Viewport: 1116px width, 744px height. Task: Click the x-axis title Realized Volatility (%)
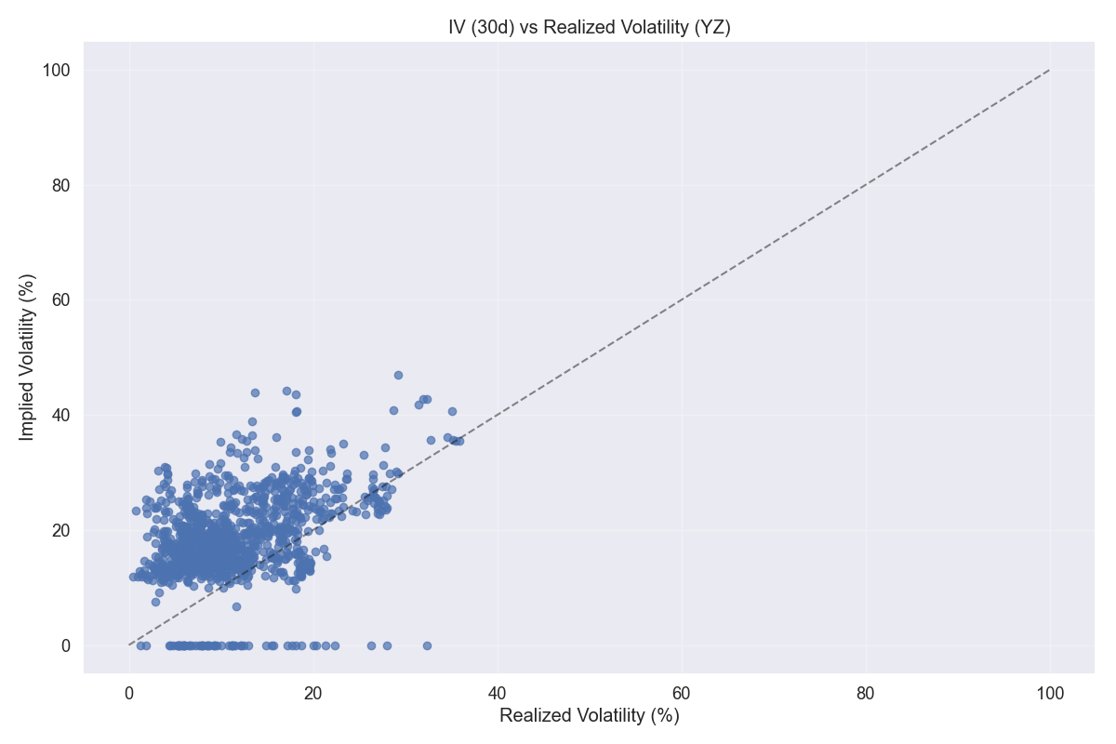tap(590, 716)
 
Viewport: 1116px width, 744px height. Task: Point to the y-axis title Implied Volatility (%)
tap(27, 356)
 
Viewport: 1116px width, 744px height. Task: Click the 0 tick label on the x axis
tap(129, 693)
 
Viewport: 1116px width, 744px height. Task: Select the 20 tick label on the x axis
tap(313, 693)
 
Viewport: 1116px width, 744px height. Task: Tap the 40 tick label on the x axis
tap(498, 693)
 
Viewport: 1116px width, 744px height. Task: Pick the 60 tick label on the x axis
tap(682, 693)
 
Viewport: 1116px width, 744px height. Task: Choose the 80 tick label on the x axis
tap(866, 693)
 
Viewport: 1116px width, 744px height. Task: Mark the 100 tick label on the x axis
tap(1050, 693)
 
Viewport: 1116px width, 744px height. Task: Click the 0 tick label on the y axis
tap(65, 645)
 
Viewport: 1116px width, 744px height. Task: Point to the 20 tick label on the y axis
tap(60, 530)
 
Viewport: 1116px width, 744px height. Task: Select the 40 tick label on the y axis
tap(60, 415)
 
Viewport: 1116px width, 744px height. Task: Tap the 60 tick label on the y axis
tap(60, 300)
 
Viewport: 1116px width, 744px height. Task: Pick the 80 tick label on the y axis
tap(60, 185)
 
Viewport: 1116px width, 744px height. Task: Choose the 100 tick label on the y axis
tap(56, 71)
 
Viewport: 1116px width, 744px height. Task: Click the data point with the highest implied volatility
tap(398, 375)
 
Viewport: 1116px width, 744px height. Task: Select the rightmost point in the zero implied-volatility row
tap(427, 645)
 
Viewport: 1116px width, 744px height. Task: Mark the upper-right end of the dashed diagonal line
tap(1050, 71)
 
